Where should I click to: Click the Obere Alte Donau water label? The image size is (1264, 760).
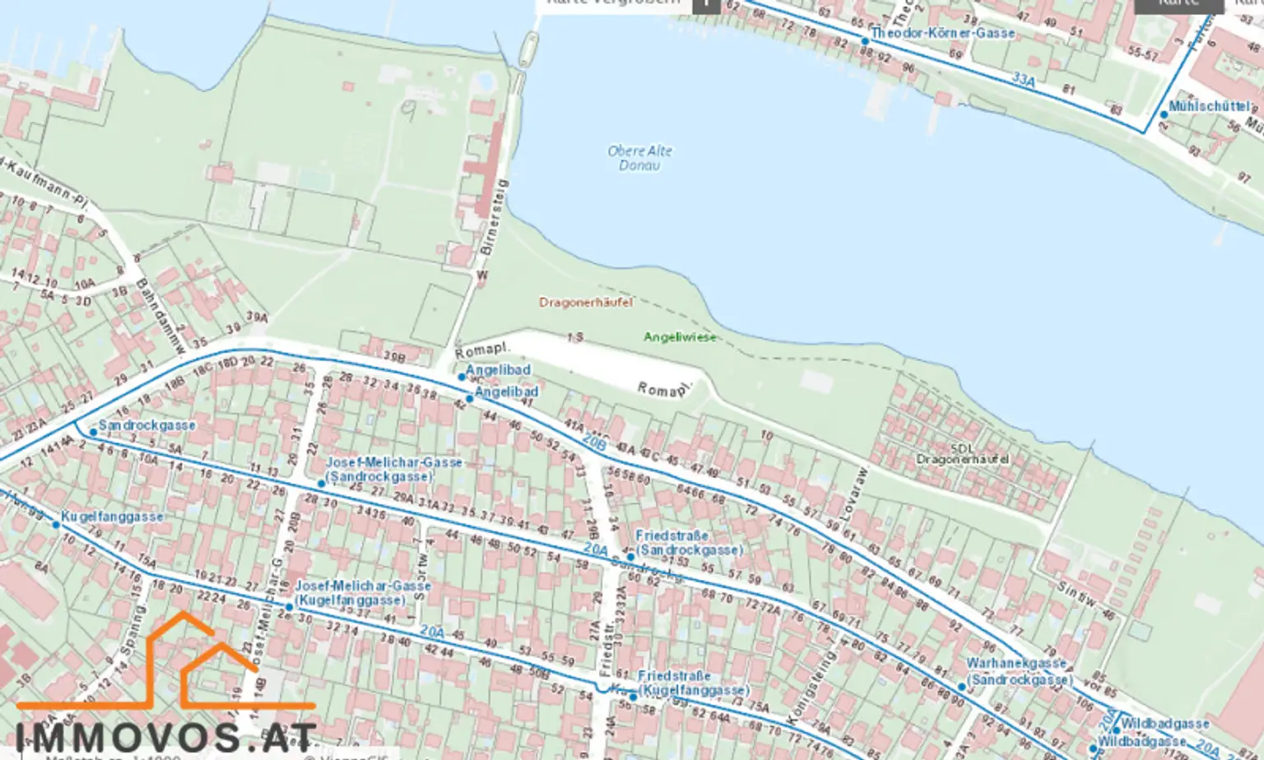(639, 158)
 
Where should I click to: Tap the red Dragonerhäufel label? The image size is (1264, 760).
(586, 303)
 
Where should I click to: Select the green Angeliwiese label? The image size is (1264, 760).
(680, 337)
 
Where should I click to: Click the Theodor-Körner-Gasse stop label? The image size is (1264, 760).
(942, 34)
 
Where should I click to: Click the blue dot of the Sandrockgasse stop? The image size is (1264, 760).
(93, 432)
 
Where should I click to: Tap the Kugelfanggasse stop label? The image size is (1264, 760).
(112, 517)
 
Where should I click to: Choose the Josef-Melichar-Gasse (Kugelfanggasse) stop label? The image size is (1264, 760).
(362, 593)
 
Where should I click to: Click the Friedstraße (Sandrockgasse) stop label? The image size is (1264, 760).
(689, 543)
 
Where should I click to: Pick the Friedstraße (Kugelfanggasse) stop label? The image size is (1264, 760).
(693, 683)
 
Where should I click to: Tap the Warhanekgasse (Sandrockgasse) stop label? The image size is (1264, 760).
(1019, 671)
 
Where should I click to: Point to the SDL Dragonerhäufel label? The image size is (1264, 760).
(962, 454)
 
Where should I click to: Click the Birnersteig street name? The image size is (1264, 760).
(494, 216)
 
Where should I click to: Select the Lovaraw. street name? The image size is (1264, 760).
(857, 494)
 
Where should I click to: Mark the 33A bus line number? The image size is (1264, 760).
(1023, 80)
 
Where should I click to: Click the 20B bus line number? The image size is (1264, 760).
(594, 443)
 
